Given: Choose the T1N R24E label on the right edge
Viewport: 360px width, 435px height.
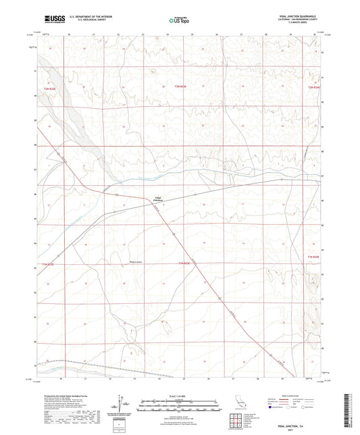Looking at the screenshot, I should [x=312, y=257].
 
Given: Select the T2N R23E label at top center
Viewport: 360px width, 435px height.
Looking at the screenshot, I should [x=180, y=86].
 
